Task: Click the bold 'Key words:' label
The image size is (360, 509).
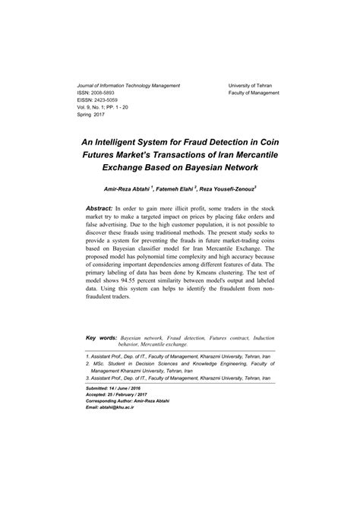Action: [101, 337]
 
